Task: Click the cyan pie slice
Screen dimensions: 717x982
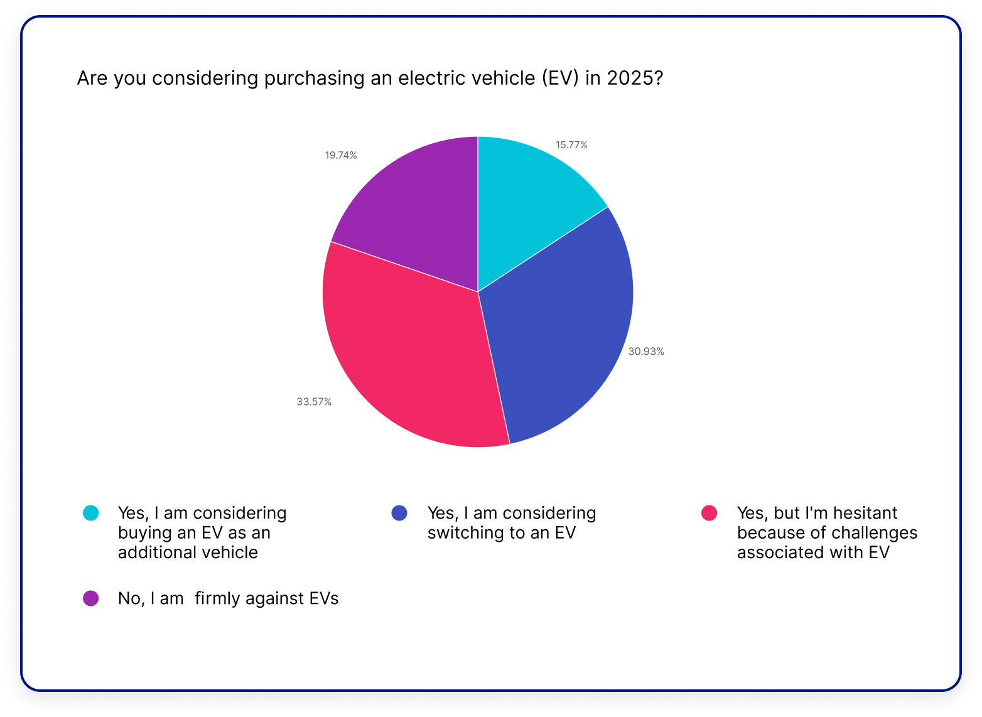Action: [x=527, y=201]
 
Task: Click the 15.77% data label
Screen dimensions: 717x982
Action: [x=571, y=145]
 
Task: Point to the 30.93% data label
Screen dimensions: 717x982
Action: [x=646, y=352]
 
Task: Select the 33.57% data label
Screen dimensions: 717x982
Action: [x=314, y=402]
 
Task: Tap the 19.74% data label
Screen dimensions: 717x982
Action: [x=341, y=155]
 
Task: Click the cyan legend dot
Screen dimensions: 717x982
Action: [x=91, y=513]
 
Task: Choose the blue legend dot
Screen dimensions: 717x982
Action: [x=399, y=513]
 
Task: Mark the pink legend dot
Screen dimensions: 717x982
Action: [x=709, y=513]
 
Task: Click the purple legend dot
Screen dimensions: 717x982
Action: [x=91, y=598]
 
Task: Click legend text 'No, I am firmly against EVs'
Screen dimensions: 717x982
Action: [x=228, y=598]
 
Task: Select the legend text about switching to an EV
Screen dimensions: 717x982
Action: [x=511, y=523]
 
